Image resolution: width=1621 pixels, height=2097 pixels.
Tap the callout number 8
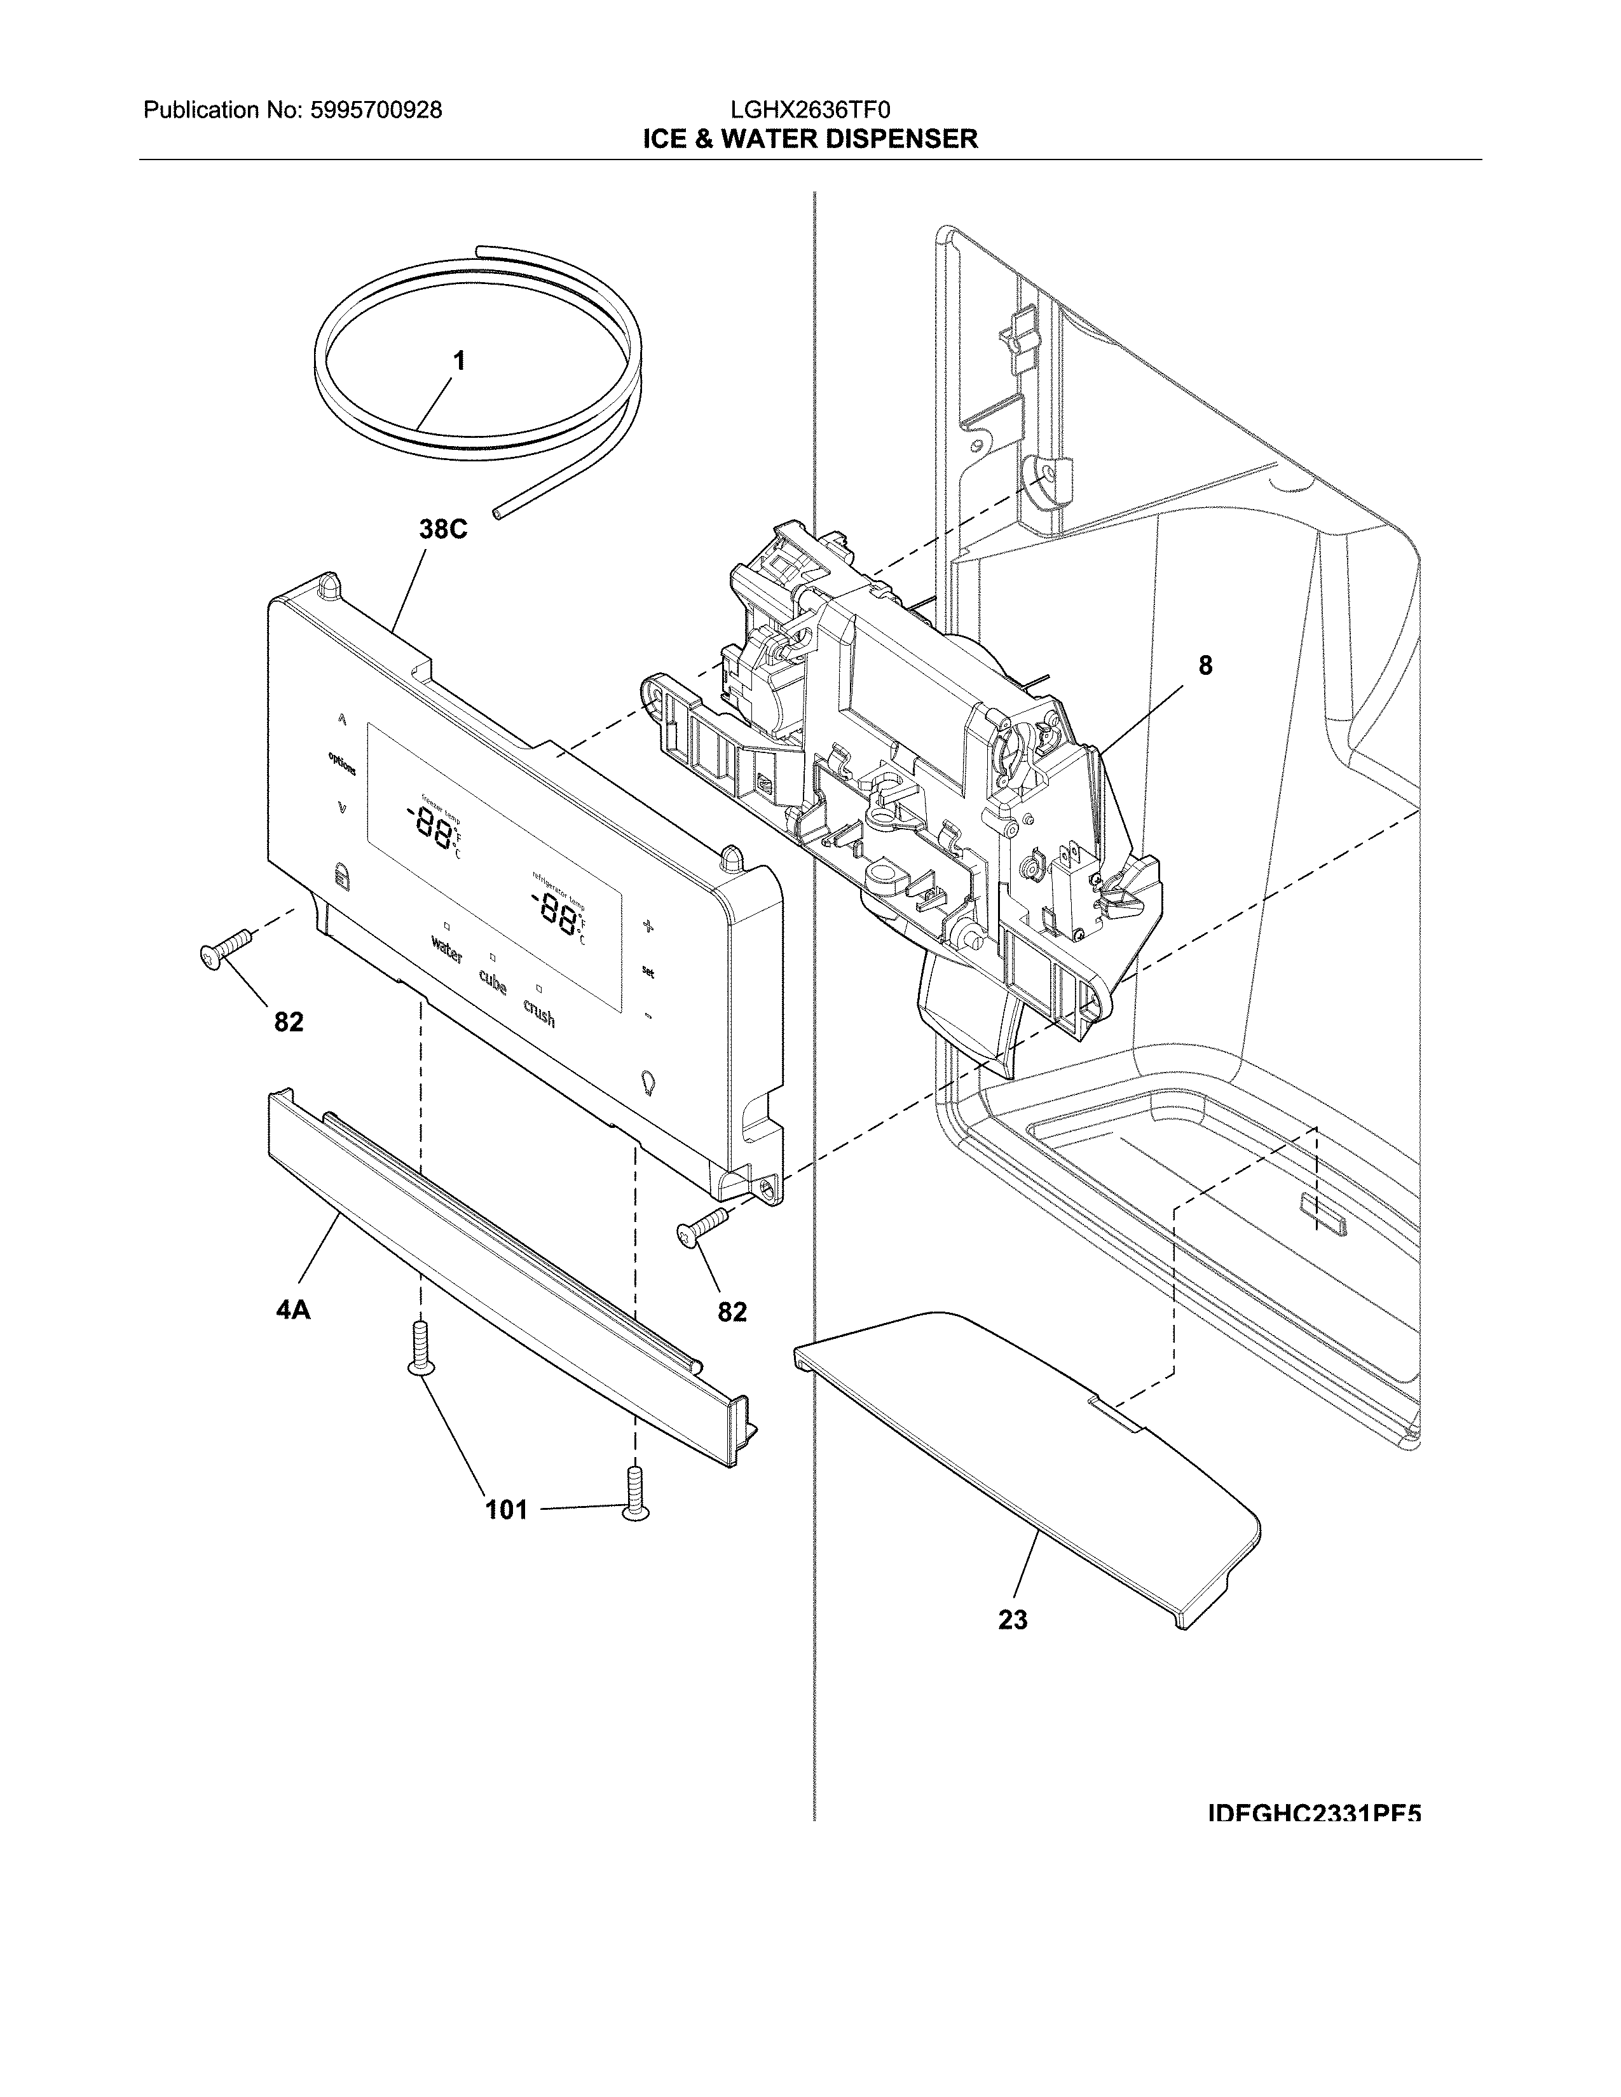pos(1204,665)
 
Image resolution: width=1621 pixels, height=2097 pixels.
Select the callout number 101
pos(506,1510)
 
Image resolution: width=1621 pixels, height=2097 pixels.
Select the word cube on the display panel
pos(493,983)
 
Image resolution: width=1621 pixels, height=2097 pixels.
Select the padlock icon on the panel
pos(338,874)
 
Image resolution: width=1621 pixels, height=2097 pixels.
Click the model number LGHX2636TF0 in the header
pos(809,111)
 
